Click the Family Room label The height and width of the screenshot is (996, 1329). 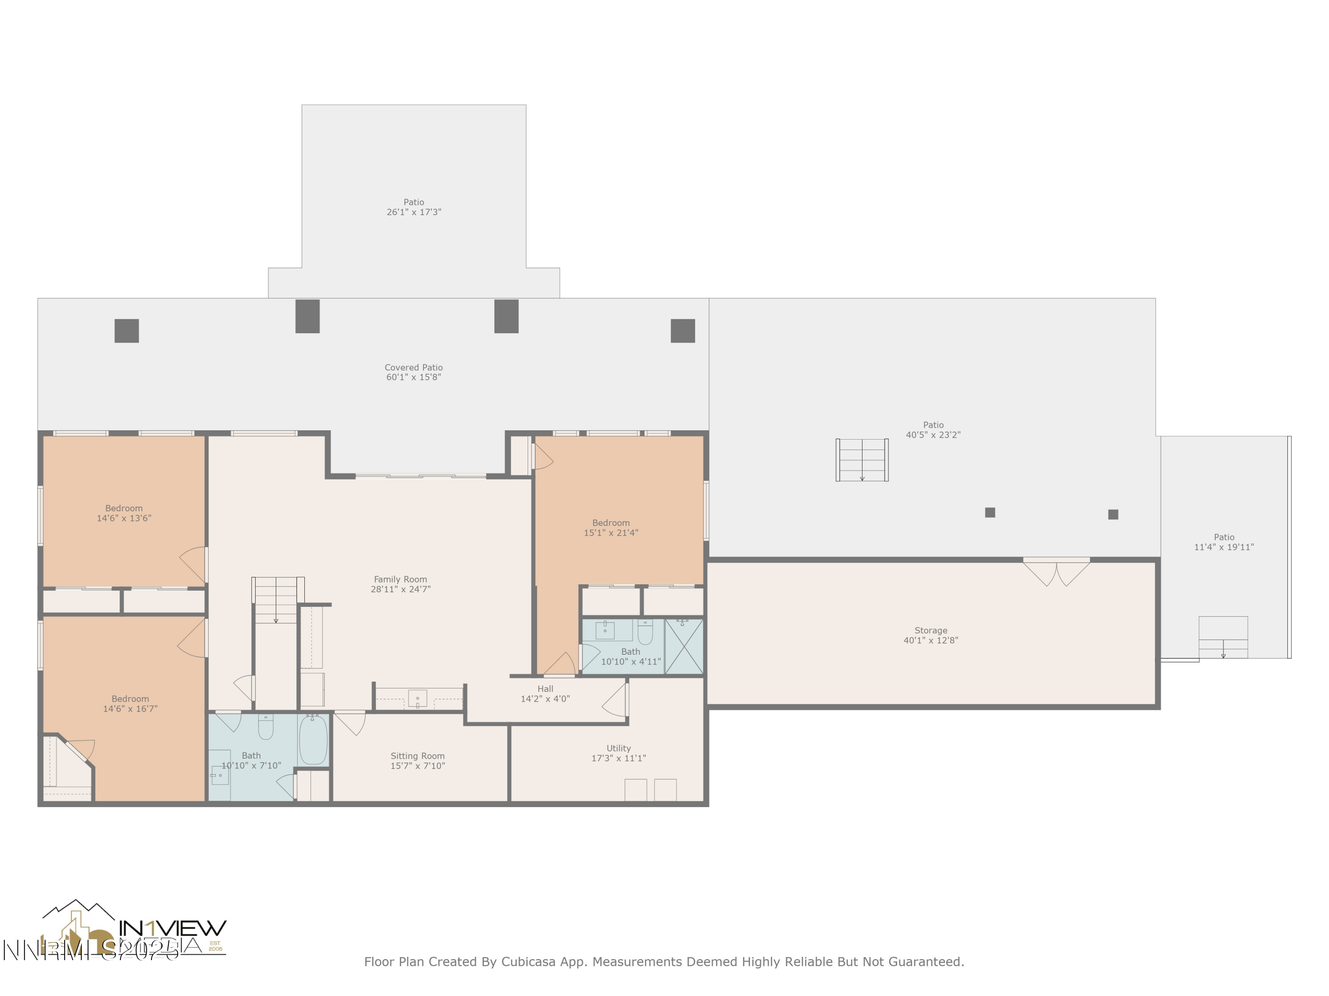click(400, 579)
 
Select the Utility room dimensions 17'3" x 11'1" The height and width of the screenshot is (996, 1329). click(618, 758)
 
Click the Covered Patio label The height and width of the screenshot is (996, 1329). click(413, 367)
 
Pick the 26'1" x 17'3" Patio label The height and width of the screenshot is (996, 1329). click(413, 207)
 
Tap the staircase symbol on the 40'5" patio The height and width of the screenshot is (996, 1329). click(862, 460)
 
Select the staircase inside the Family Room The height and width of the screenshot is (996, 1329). click(276, 600)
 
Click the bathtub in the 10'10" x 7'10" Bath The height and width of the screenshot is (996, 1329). click(313, 739)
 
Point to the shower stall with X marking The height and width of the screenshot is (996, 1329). click(684, 647)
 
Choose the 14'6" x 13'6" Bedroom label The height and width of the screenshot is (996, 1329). click(124, 513)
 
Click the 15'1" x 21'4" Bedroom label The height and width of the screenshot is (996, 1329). click(610, 528)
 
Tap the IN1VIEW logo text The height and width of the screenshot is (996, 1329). click(172, 928)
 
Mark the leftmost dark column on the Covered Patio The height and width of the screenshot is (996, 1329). click(127, 331)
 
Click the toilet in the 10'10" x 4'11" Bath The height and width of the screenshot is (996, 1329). click(645, 633)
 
